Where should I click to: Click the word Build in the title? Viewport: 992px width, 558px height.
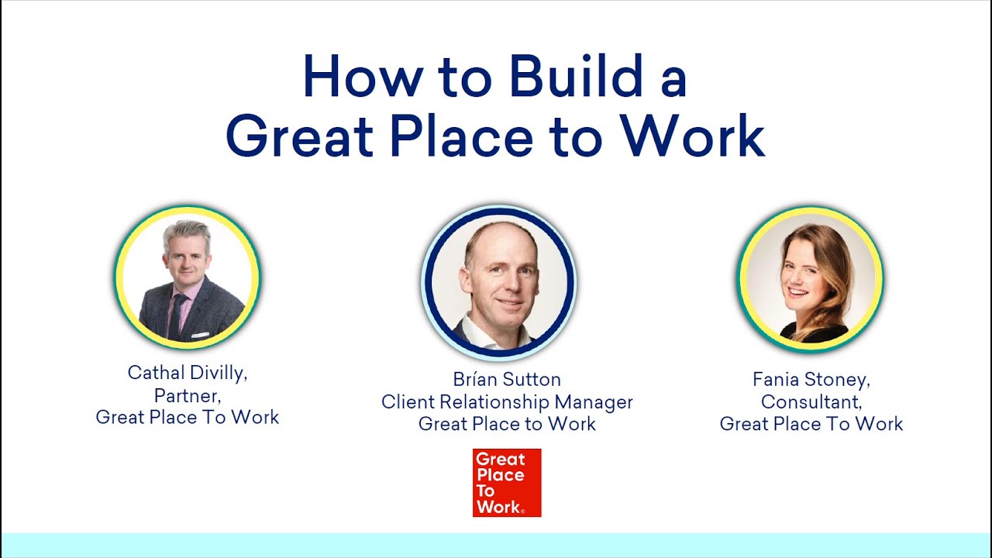coord(576,76)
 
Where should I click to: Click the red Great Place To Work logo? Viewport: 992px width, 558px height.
coord(507,483)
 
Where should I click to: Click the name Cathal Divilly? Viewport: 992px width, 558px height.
coord(187,373)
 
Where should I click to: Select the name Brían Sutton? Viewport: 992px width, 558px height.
coord(507,380)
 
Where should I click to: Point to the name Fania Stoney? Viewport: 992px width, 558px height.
coord(811,380)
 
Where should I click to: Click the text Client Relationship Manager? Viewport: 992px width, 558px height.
coord(507,402)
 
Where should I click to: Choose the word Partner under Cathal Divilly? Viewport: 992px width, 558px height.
coord(187,395)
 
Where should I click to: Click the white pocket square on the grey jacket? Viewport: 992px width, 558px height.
coord(200,335)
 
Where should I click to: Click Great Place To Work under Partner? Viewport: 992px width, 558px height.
coord(187,418)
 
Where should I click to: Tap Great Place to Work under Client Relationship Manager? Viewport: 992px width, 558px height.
coord(507,424)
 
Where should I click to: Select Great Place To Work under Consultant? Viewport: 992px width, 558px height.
coord(811,424)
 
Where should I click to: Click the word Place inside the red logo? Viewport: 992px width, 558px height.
coord(500,475)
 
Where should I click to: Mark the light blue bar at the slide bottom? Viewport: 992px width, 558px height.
coord(496,545)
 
